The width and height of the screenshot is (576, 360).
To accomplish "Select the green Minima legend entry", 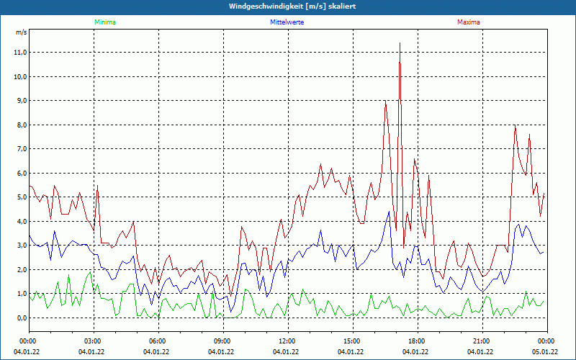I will pos(104,22).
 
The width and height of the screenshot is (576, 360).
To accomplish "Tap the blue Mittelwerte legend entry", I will pos(287,22).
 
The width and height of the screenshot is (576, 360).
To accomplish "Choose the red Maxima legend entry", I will pos(469,22).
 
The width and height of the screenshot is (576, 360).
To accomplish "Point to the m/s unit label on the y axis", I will pos(22,32).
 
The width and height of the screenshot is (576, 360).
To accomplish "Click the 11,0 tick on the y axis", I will pos(19,53).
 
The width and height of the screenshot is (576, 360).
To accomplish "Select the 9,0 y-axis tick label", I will pos(19,101).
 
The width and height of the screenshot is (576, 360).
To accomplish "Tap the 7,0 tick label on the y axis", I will pos(19,149).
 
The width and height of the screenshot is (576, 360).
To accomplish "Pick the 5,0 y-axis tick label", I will pos(19,197).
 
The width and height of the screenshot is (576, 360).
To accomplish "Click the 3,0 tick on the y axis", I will pos(19,246).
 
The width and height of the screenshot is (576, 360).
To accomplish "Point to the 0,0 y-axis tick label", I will pos(19,318).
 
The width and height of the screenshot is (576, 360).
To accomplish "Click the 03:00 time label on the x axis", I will pos(93,341).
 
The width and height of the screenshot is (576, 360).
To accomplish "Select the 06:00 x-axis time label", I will pos(158,341).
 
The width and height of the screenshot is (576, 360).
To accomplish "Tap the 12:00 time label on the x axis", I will pos(287,341).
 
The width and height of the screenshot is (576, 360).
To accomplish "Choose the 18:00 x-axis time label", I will pos(417,341).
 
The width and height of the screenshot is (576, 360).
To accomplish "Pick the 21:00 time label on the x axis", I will pos(482,341).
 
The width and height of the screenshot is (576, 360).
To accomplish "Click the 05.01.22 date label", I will pos(545,352).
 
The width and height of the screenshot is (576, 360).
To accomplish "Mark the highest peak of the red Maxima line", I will pos(400,43).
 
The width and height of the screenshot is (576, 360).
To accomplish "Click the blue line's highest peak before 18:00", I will pos(389,212).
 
